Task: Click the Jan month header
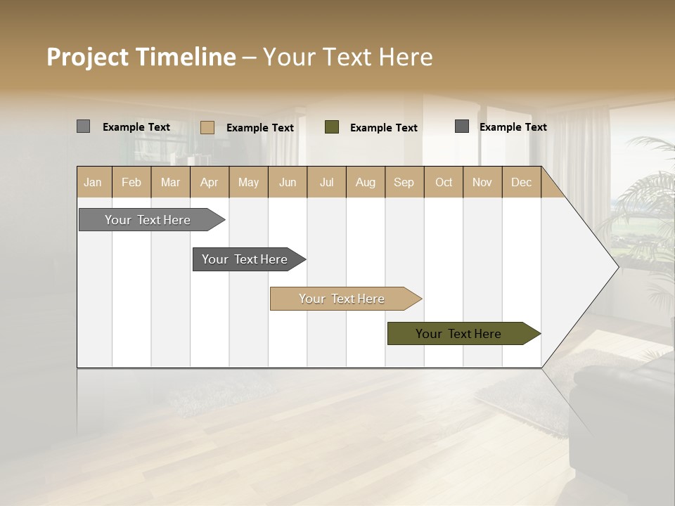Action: (94, 182)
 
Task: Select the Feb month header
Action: (131, 182)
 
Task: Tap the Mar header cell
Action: (170, 182)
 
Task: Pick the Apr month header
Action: (210, 182)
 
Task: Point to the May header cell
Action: (248, 182)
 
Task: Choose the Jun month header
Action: (288, 182)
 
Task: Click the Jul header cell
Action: (326, 182)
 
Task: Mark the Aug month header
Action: (366, 182)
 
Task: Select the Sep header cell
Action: (404, 182)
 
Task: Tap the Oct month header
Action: (444, 182)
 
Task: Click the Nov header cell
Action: (482, 182)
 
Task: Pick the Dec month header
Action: (522, 182)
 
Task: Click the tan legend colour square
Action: (207, 127)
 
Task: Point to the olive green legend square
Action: (332, 127)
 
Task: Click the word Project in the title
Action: (89, 57)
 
